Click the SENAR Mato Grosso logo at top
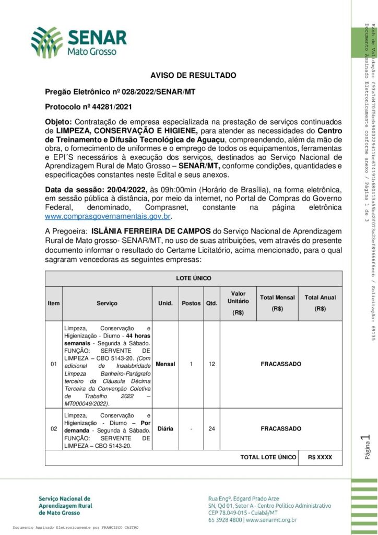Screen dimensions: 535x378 point(78,41)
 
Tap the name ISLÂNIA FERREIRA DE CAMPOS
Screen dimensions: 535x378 point(150,231)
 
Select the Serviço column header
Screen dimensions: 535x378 point(107,303)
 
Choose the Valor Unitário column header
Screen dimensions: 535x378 point(238,303)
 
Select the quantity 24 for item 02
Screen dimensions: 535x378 point(211,428)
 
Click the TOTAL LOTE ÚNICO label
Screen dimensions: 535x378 point(268,457)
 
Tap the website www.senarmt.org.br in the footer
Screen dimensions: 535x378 point(271,520)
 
